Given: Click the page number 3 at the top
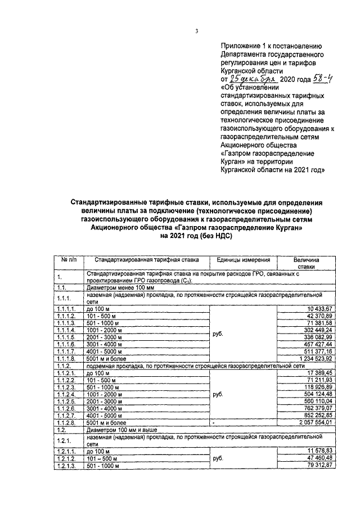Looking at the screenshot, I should (197, 31).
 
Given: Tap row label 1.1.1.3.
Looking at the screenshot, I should (66, 323).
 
